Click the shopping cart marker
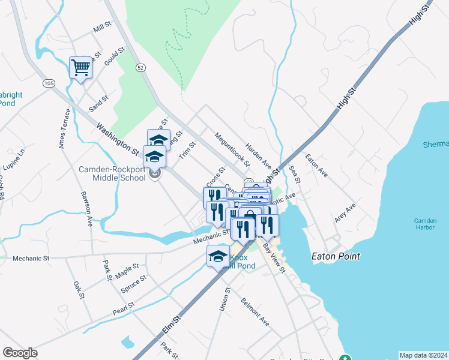pyautogui.click(x=80, y=67)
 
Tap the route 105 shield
pyautogui.click(x=49, y=83)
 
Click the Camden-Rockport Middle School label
pyautogui.click(x=112, y=173)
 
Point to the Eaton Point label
pyautogui.click(x=336, y=256)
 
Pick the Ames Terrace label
pyautogui.click(x=65, y=128)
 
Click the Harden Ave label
pyautogui.click(x=259, y=157)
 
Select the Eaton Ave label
pyautogui.click(x=316, y=166)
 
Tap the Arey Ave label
pyautogui.click(x=345, y=213)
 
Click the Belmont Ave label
pyautogui.click(x=255, y=310)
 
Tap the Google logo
pyautogui.click(x=20, y=353)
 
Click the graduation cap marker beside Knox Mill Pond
pyautogui.click(x=218, y=256)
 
